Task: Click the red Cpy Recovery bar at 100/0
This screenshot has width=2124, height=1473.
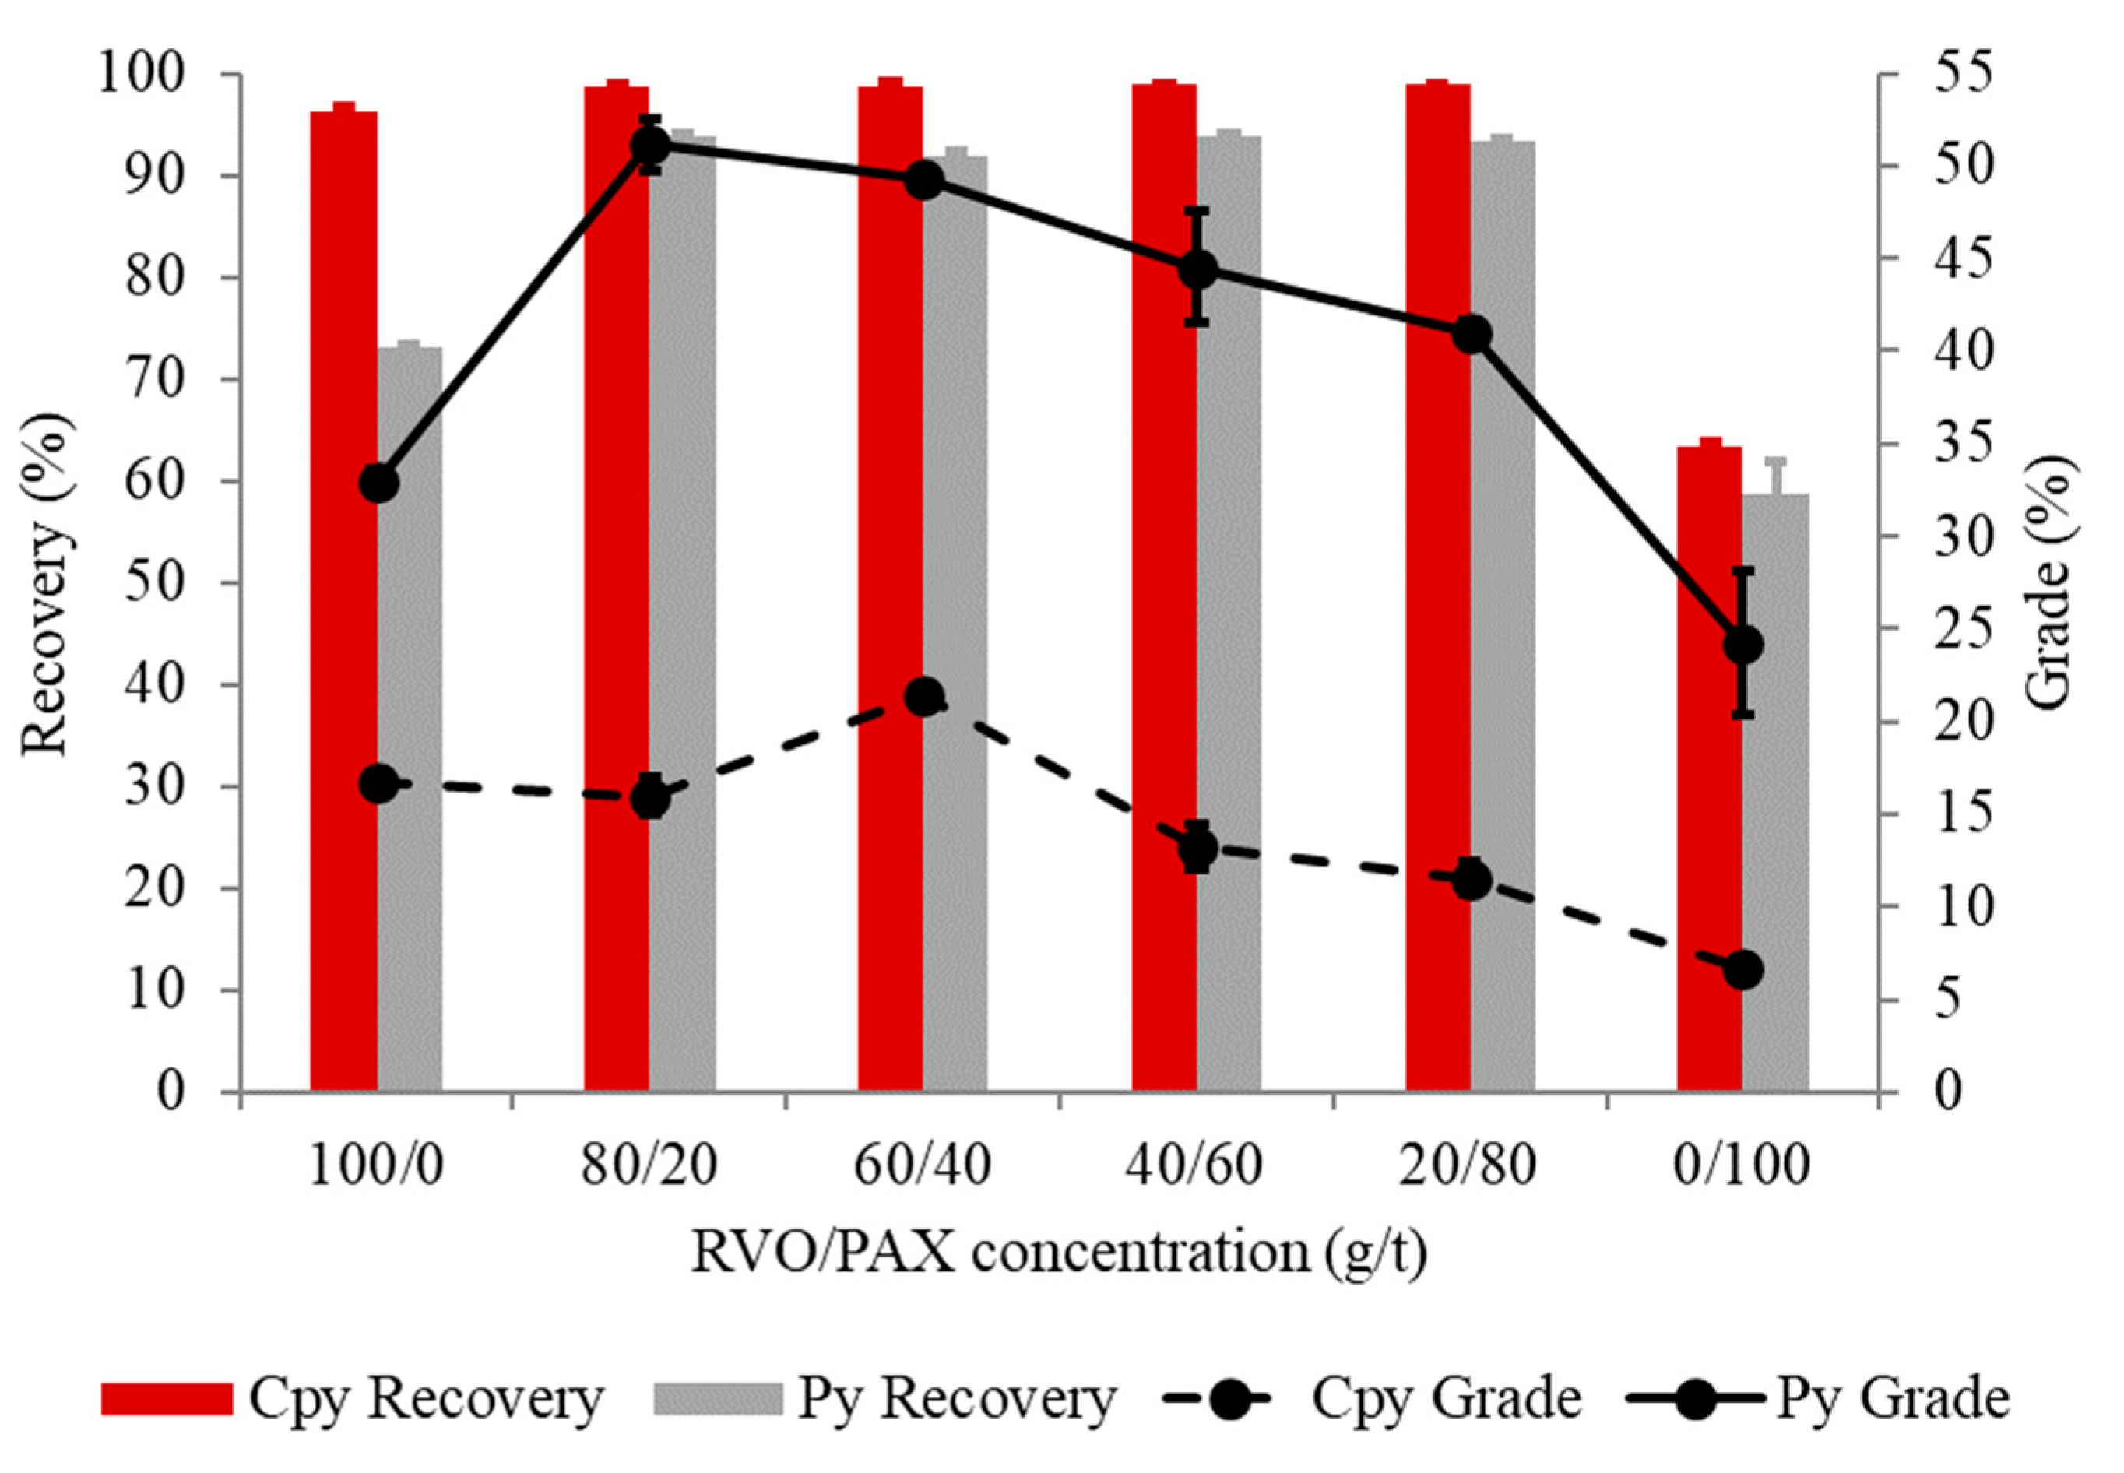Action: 343,600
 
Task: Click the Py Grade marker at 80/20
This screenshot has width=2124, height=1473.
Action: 650,145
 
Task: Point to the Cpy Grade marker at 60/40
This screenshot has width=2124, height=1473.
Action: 924,697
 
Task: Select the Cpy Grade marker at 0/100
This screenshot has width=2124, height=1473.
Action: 1742,970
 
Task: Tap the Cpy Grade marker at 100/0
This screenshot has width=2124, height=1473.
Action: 378,785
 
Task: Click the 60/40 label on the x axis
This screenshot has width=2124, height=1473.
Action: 922,1166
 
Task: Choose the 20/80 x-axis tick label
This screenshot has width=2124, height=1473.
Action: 1468,1166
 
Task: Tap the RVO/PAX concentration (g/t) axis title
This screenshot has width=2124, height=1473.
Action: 1059,1253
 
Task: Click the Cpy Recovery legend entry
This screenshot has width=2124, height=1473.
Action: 351,1399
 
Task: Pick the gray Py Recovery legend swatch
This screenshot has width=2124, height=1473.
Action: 716,1399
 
